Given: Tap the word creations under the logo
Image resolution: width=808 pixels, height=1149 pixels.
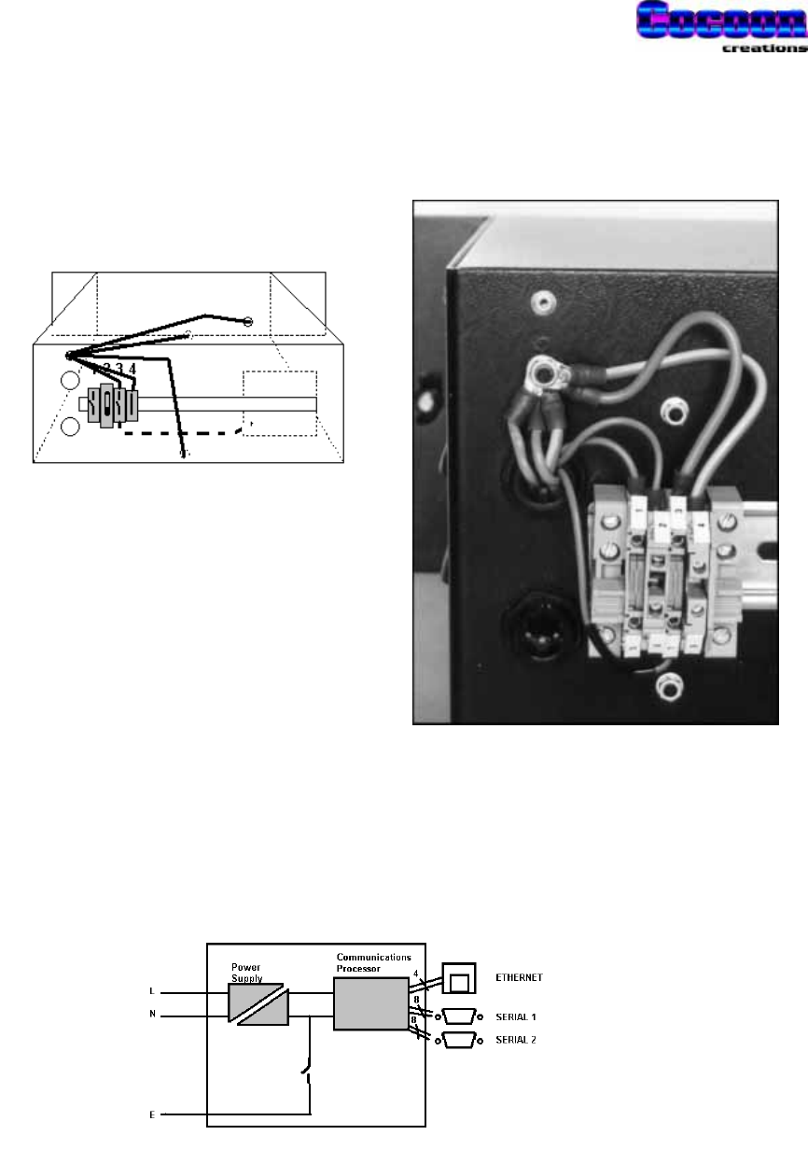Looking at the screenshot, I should point(764,49).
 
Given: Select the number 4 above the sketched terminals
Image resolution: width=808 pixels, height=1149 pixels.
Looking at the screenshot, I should point(133,369).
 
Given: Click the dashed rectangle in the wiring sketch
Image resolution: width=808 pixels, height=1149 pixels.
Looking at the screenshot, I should point(280,403).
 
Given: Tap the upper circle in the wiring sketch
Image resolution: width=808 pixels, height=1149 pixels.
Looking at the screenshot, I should point(69,381).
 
